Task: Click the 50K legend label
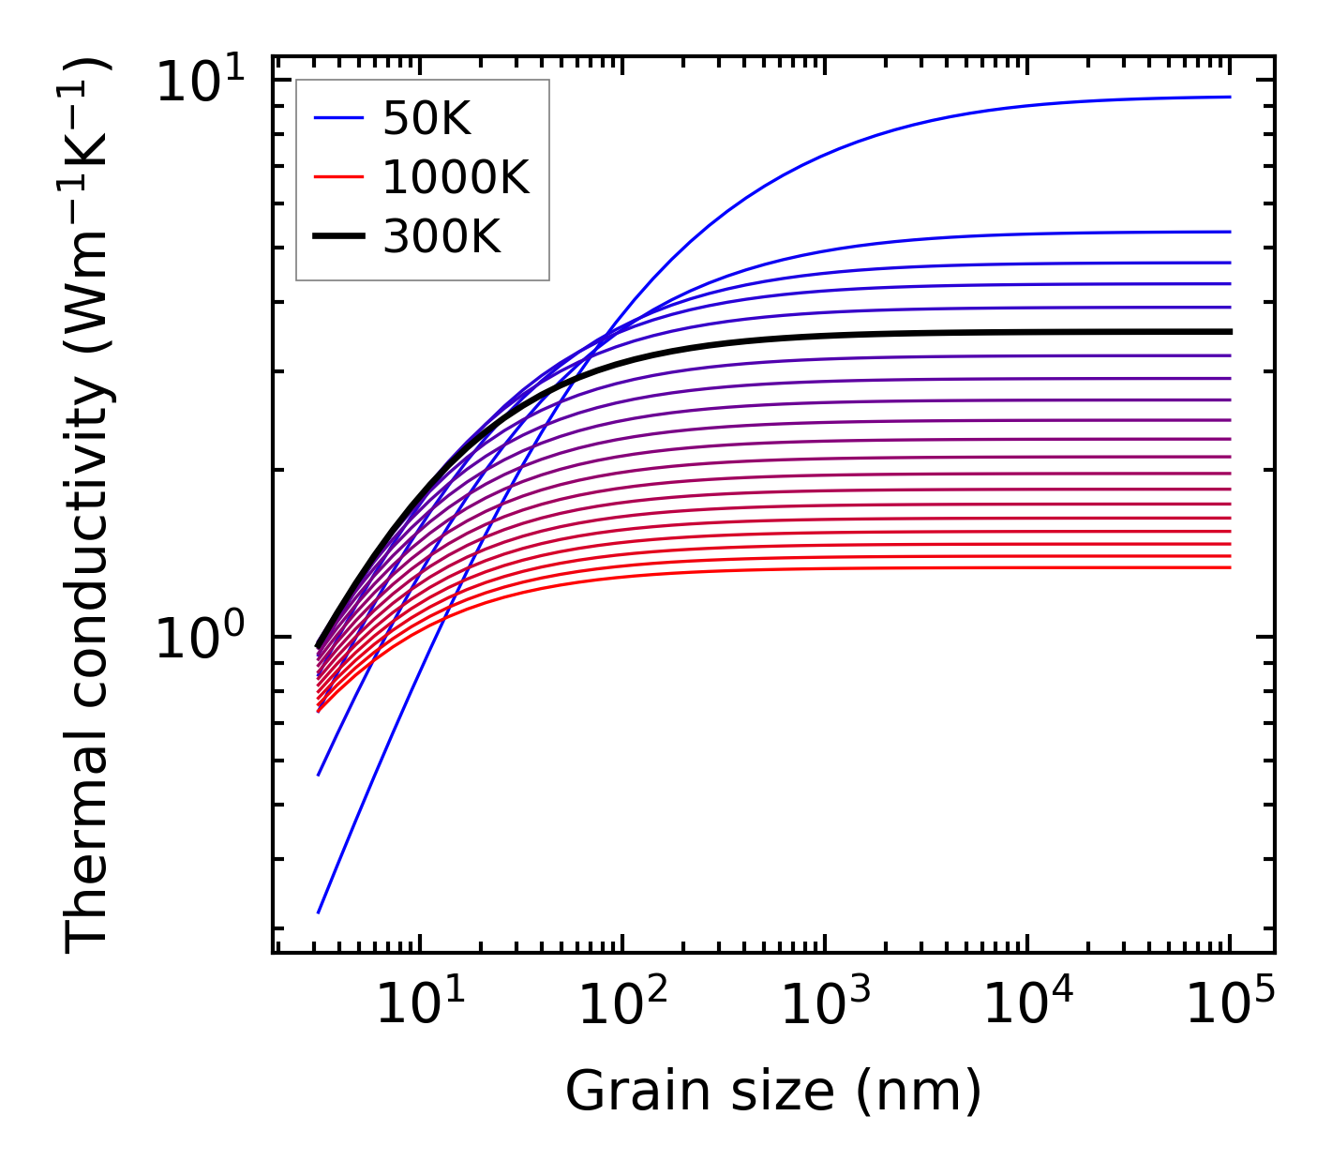tap(427, 119)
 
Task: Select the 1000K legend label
tap(456, 177)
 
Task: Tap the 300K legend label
tap(442, 237)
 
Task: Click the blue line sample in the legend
tap(338, 118)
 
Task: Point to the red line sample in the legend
tap(338, 177)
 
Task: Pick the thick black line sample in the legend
tap(338, 236)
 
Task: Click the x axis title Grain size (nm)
tap(773, 1092)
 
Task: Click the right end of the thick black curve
tap(1230, 331)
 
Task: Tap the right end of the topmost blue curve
tap(1230, 97)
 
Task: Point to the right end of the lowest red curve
tap(1230, 567)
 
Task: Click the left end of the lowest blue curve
tap(319, 912)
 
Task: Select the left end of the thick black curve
tap(319, 646)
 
